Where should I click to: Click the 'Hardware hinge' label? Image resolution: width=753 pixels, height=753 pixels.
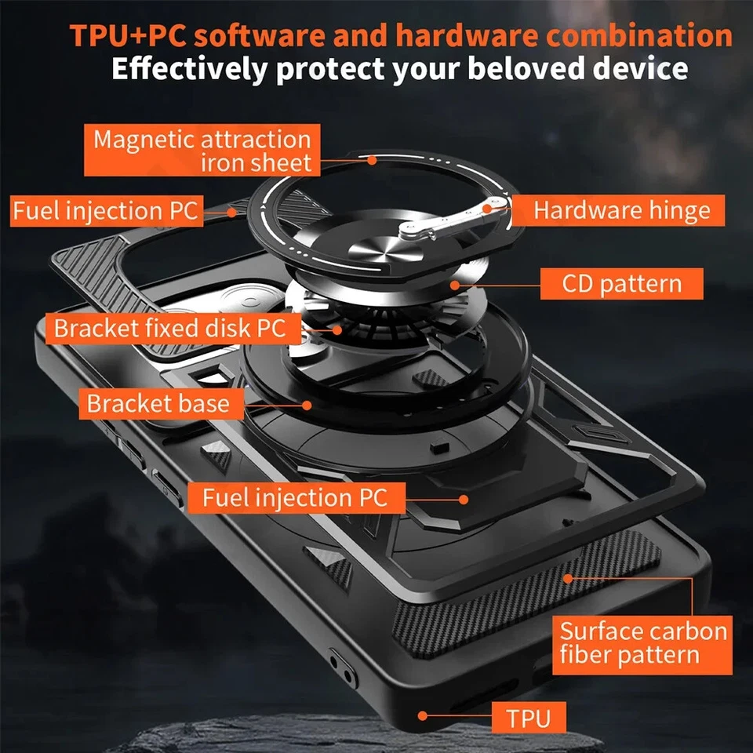(621, 210)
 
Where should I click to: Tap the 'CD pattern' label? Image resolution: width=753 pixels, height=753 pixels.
(621, 283)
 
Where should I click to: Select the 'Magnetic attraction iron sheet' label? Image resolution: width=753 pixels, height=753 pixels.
(202, 151)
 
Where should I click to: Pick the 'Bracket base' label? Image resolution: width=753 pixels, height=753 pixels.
(158, 403)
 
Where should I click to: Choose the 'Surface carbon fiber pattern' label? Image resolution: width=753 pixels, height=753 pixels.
(642, 642)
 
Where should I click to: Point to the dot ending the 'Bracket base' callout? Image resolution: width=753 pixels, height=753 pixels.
(307, 405)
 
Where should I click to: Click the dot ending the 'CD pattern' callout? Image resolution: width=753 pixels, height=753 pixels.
(456, 283)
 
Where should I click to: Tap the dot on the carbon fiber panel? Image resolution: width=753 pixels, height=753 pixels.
(566, 580)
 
